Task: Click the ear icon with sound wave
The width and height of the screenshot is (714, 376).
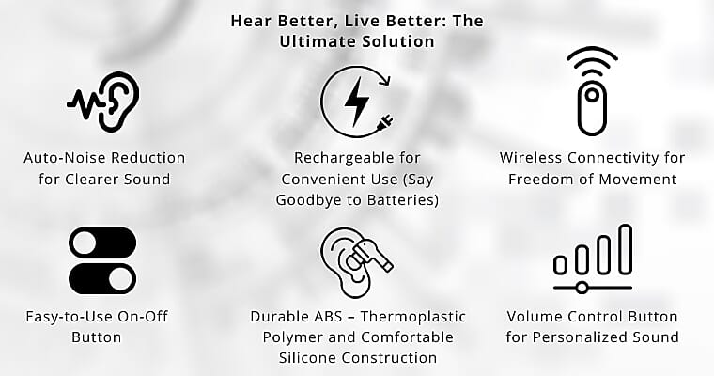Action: click(x=104, y=98)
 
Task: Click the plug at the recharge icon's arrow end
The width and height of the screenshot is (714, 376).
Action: click(x=385, y=123)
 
